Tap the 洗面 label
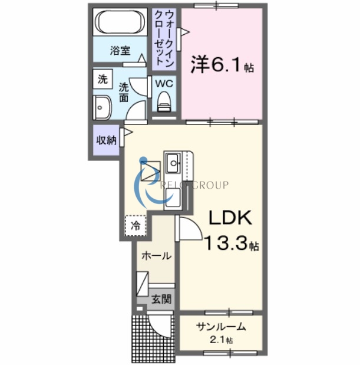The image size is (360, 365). point(124,92)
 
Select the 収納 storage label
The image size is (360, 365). point(106,140)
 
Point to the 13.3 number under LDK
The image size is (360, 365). point(226,242)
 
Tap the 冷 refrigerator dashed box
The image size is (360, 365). point(136,225)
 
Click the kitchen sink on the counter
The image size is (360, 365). point(174,160)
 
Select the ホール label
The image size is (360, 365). point(156,256)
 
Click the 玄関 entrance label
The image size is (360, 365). point(160,298)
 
